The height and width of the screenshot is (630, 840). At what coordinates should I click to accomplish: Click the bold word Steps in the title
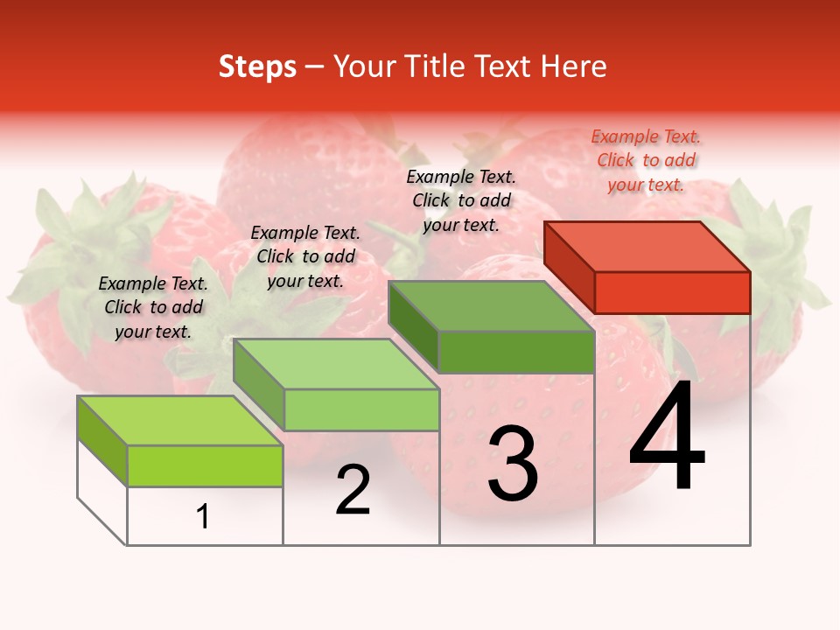click(x=257, y=66)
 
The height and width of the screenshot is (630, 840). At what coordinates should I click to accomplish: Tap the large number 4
click(x=667, y=437)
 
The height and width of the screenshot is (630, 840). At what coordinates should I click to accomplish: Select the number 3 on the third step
click(x=513, y=464)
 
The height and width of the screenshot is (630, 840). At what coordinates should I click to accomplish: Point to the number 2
click(x=353, y=490)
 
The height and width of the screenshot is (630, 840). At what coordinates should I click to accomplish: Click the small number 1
click(x=203, y=517)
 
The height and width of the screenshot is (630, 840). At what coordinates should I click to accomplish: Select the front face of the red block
click(x=672, y=292)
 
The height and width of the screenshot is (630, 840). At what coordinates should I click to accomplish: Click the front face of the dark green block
click(x=516, y=353)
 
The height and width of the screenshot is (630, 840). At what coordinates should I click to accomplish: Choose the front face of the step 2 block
click(x=361, y=409)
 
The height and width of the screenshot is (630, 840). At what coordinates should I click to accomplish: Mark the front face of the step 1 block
click(x=205, y=465)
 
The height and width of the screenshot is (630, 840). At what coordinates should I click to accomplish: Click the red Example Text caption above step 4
click(x=646, y=160)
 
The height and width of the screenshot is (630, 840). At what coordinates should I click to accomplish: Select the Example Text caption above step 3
click(x=461, y=200)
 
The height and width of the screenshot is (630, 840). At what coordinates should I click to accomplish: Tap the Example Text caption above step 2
click(x=305, y=256)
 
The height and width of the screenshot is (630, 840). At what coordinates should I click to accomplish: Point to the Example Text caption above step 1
click(x=153, y=307)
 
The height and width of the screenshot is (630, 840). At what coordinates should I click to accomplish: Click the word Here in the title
click(x=574, y=66)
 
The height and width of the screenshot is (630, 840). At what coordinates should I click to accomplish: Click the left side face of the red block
click(x=569, y=266)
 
